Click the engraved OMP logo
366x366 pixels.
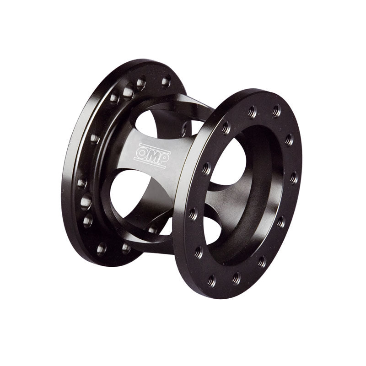152,156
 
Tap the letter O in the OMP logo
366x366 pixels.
141,153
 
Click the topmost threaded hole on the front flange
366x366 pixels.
276,110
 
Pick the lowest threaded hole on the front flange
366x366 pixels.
211,280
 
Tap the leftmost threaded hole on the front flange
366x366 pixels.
193,214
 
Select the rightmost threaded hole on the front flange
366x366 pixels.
294,178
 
